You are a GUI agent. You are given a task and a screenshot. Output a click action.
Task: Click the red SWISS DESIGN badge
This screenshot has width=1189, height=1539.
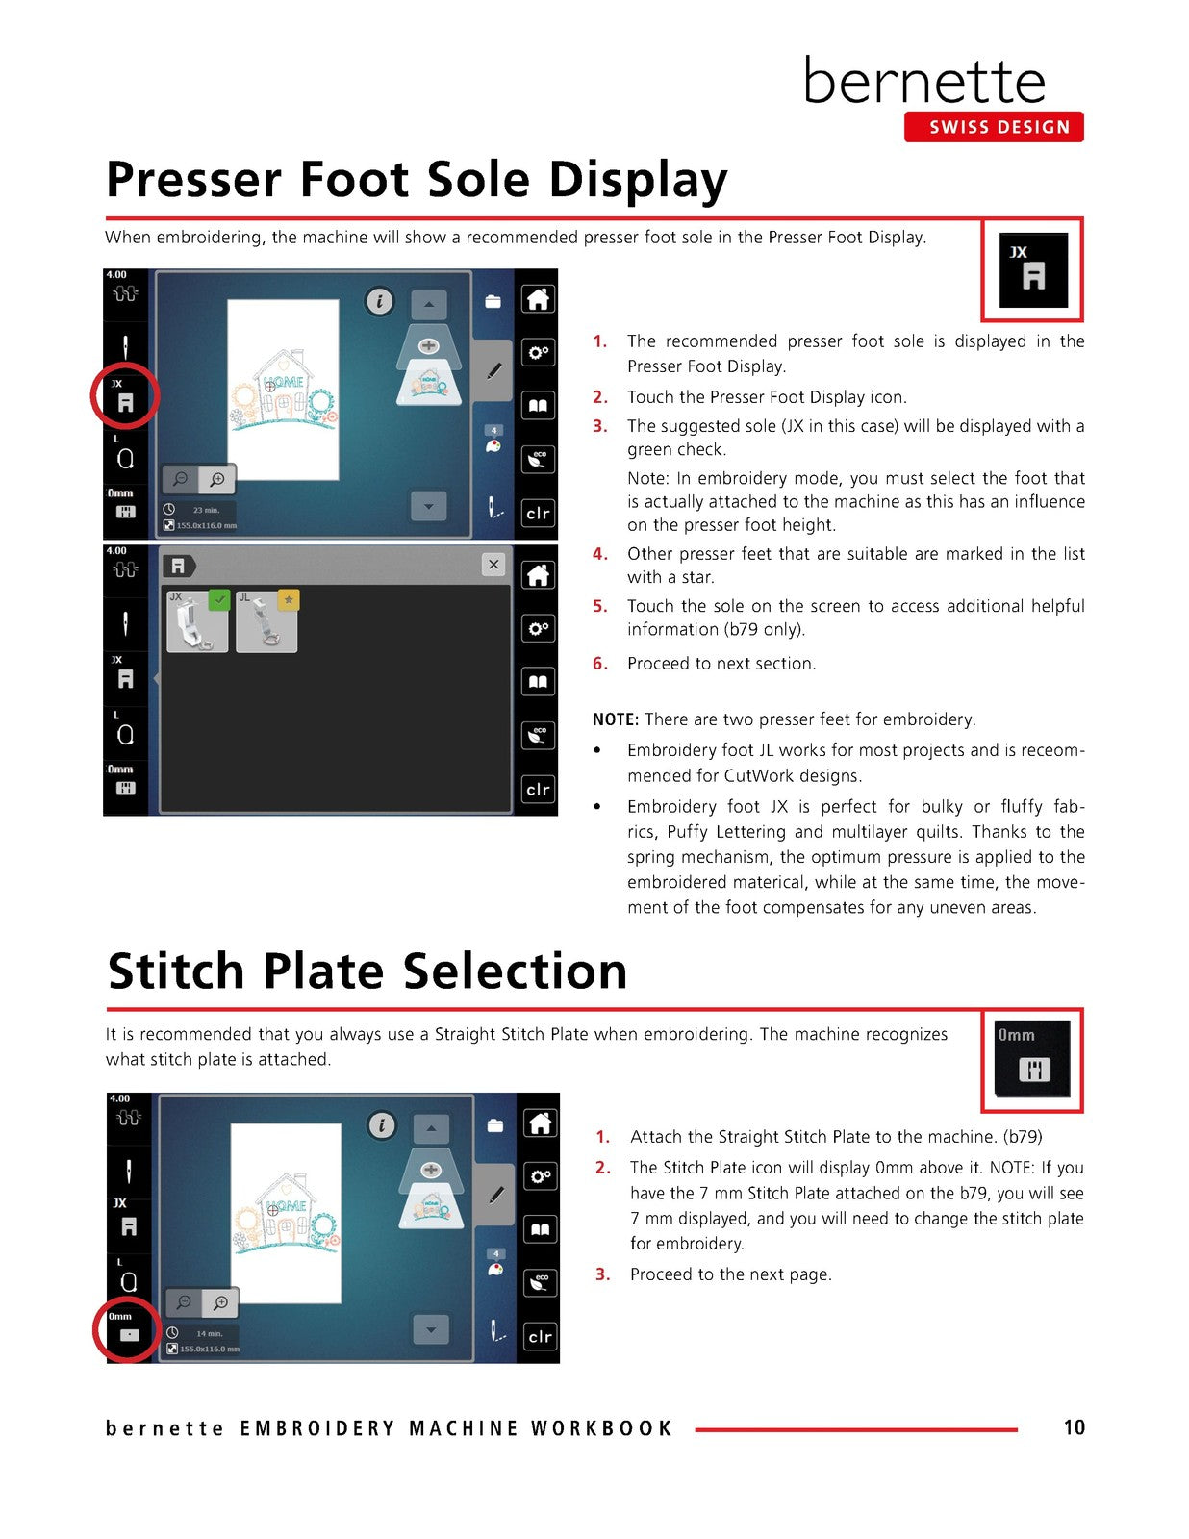coord(993,127)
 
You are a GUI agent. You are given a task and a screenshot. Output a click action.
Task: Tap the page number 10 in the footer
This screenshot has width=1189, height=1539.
coord(1074,1427)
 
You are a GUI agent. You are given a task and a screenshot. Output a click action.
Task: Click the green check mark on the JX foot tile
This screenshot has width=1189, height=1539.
coord(218,600)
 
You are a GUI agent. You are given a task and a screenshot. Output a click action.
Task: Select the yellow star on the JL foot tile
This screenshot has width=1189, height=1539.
coord(289,600)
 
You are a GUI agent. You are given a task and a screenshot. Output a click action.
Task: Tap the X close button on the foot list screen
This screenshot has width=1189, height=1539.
coord(493,565)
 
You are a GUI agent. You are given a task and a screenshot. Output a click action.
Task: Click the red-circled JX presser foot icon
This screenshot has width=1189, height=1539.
coord(125,396)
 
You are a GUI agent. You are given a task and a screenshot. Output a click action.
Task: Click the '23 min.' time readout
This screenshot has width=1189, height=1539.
coord(206,510)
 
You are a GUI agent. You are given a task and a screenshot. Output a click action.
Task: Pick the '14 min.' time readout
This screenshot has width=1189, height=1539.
coord(210,1333)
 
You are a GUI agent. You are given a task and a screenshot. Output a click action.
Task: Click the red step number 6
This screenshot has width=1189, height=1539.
coord(600,664)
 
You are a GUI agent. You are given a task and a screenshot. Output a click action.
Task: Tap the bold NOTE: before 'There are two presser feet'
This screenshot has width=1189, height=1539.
coord(616,719)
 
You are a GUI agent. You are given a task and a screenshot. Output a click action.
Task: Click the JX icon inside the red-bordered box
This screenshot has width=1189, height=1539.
coord(1032,270)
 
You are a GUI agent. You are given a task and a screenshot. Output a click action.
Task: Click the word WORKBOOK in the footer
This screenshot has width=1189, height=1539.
coord(601,1427)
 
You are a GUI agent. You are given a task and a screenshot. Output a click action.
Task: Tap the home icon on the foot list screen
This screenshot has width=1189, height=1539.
coord(538,575)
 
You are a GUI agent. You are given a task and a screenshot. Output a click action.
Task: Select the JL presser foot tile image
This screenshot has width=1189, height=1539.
coord(266,621)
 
